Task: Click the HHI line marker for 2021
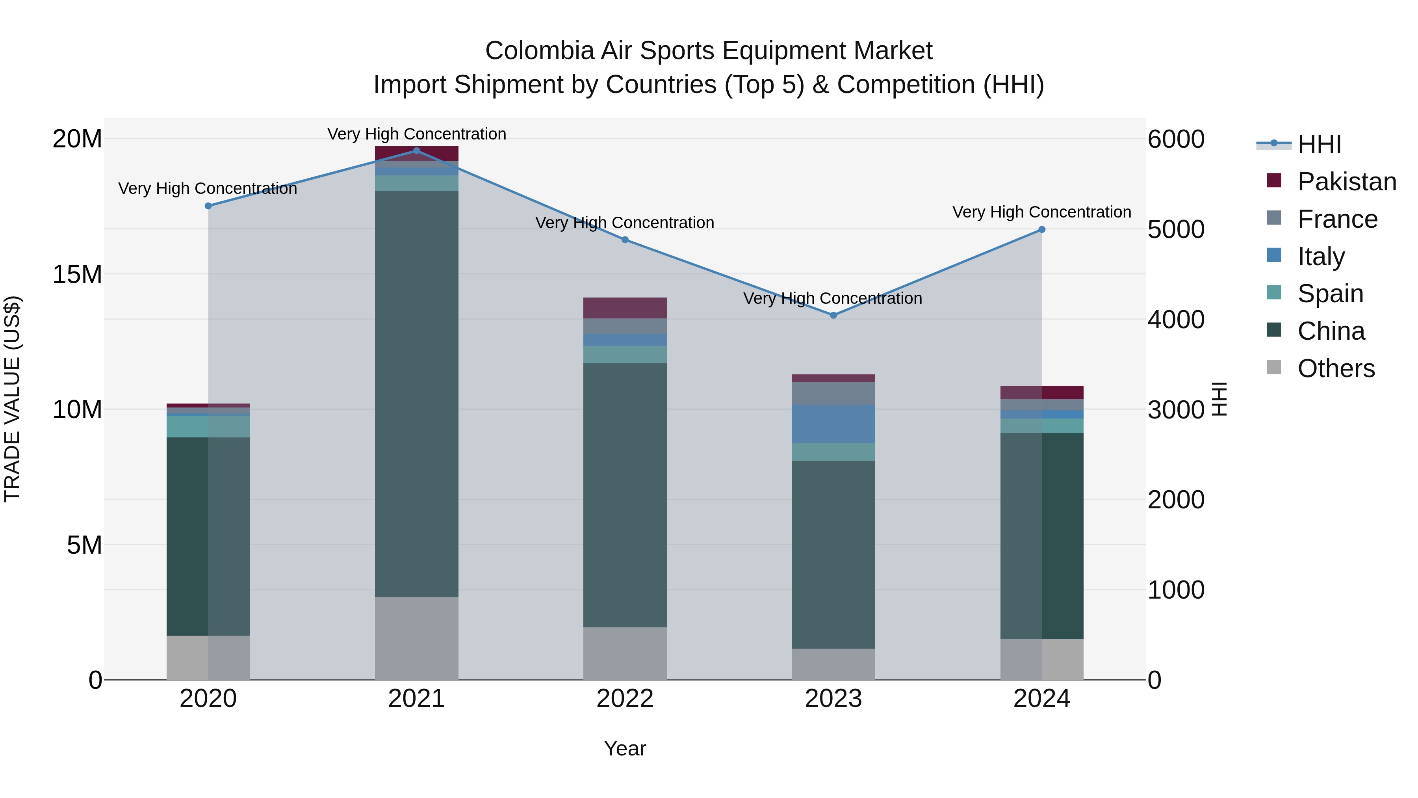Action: click(416, 151)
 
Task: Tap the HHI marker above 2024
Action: click(1041, 230)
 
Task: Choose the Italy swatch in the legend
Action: click(1274, 255)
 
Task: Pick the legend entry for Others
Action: click(1336, 368)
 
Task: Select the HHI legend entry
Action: click(1319, 144)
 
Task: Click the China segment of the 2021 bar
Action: click(416, 394)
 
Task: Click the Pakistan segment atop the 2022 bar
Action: click(625, 308)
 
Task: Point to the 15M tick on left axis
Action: click(77, 274)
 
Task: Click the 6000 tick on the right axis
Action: click(1176, 140)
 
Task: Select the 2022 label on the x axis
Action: click(625, 699)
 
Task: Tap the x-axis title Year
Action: click(625, 748)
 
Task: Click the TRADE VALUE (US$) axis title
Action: click(12, 399)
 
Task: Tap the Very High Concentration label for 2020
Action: click(208, 188)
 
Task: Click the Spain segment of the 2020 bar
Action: click(208, 426)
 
